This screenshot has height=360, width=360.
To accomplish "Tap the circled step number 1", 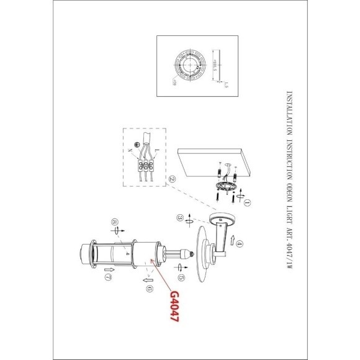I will tap(247, 202).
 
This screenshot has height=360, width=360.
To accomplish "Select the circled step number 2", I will tap(172, 178).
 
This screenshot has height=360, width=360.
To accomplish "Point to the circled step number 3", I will tap(179, 218).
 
